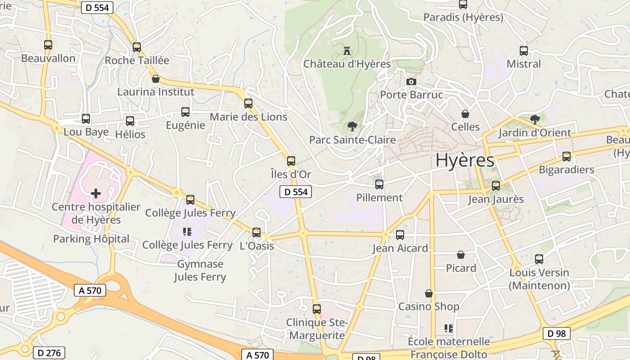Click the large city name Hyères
(465, 160)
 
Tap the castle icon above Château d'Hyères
(346, 50)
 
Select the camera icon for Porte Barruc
(411, 81)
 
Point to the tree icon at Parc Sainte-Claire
(352, 126)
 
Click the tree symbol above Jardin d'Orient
(535, 119)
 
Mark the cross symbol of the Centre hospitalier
(96, 193)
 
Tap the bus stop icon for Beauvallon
(48, 45)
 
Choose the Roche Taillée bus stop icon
(137, 47)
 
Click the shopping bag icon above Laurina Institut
(156, 79)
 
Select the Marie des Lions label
(248, 117)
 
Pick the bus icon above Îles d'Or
(291, 161)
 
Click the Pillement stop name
(379, 198)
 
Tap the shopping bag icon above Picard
(461, 255)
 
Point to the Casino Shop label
(429, 306)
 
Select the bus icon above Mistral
(524, 50)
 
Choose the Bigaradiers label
(567, 170)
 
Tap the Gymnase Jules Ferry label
(200, 270)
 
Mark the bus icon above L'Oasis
(256, 232)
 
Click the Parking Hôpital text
(91, 239)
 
